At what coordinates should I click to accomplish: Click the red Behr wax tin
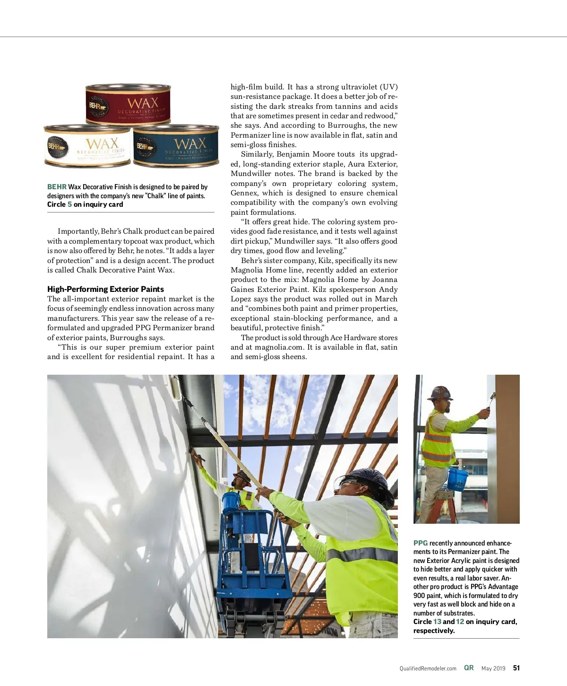(128, 105)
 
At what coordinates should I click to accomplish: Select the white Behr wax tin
(87, 146)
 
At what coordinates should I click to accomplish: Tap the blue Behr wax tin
(176, 145)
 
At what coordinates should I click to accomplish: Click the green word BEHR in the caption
(57, 187)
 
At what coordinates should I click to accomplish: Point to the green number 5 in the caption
(69, 204)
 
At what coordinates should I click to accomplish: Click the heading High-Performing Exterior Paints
(105, 289)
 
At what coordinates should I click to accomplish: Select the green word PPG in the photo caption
(421, 543)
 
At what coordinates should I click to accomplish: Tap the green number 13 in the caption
(437, 622)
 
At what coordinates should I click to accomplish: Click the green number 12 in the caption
(460, 622)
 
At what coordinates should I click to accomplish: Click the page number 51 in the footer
(516, 668)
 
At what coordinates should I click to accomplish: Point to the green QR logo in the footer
(469, 668)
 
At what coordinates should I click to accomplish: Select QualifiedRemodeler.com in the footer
(428, 668)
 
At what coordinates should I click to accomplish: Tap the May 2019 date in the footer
(493, 668)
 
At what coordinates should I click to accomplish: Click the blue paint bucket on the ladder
(457, 478)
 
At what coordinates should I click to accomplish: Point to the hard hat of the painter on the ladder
(439, 393)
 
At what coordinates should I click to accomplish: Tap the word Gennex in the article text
(244, 193)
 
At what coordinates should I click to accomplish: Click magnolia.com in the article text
(278, 347)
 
